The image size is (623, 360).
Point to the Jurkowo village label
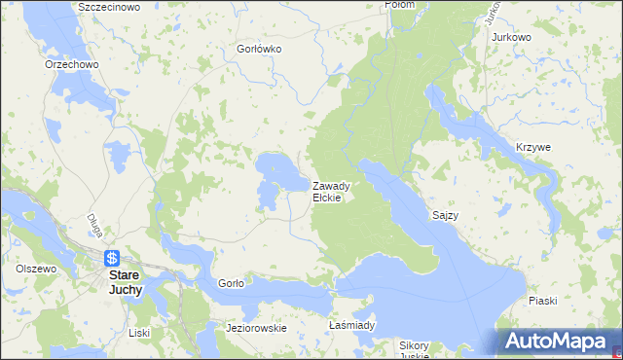click(x=512, y=37)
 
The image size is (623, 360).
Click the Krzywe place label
click(x=533, y=147)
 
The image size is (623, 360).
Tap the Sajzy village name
click(x=446, y=212)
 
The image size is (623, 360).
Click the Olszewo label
click(x=36, y=268)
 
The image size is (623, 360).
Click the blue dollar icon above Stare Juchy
click(x=113, y=259)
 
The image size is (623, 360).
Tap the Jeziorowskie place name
click(x=256, y=328)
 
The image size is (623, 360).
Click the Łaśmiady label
click(x=351, y=325)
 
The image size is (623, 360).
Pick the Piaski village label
click(x=543, y=301)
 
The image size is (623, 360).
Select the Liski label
click(x=139, y=333)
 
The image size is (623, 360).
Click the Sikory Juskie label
click(x=415, y=350)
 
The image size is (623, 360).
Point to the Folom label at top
click(x=399, y=5)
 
